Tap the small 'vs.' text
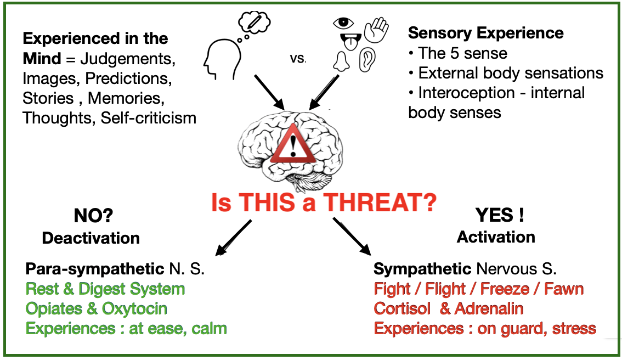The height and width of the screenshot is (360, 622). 298,58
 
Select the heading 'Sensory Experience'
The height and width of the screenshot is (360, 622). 485,33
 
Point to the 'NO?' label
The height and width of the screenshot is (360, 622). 93,217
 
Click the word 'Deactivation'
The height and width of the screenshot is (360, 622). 91,238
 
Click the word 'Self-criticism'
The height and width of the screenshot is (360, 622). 149,117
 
